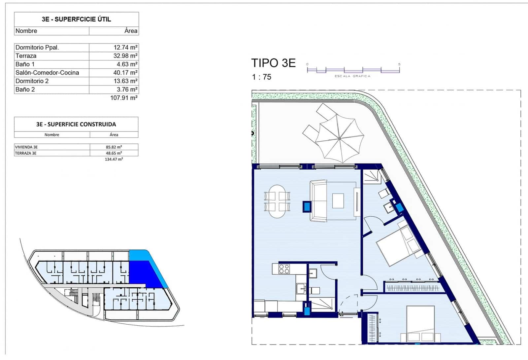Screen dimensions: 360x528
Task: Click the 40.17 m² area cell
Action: click(125, 73)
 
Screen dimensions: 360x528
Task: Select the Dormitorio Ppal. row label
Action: click(37, 48)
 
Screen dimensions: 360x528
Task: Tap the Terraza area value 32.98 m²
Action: click(125, 56)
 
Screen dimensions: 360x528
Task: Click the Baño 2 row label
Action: click(25, 90)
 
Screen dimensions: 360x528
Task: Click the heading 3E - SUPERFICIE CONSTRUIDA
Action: click(76, 124)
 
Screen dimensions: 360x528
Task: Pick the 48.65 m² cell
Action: click(114, 153)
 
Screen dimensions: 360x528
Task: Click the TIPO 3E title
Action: click(273, 63)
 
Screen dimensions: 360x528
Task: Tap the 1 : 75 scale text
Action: click(261, 77)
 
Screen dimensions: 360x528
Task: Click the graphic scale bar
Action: click(353, 70)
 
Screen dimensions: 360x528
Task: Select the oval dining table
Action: click(277, 201)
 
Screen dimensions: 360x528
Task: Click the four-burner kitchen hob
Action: click(284, 269)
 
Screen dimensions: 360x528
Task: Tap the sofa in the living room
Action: click(318, 201)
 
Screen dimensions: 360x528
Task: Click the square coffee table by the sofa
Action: click(338, 201)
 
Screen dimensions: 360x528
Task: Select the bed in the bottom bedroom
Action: click(420, 324)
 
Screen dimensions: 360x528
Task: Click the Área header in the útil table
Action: click(131, 31)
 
